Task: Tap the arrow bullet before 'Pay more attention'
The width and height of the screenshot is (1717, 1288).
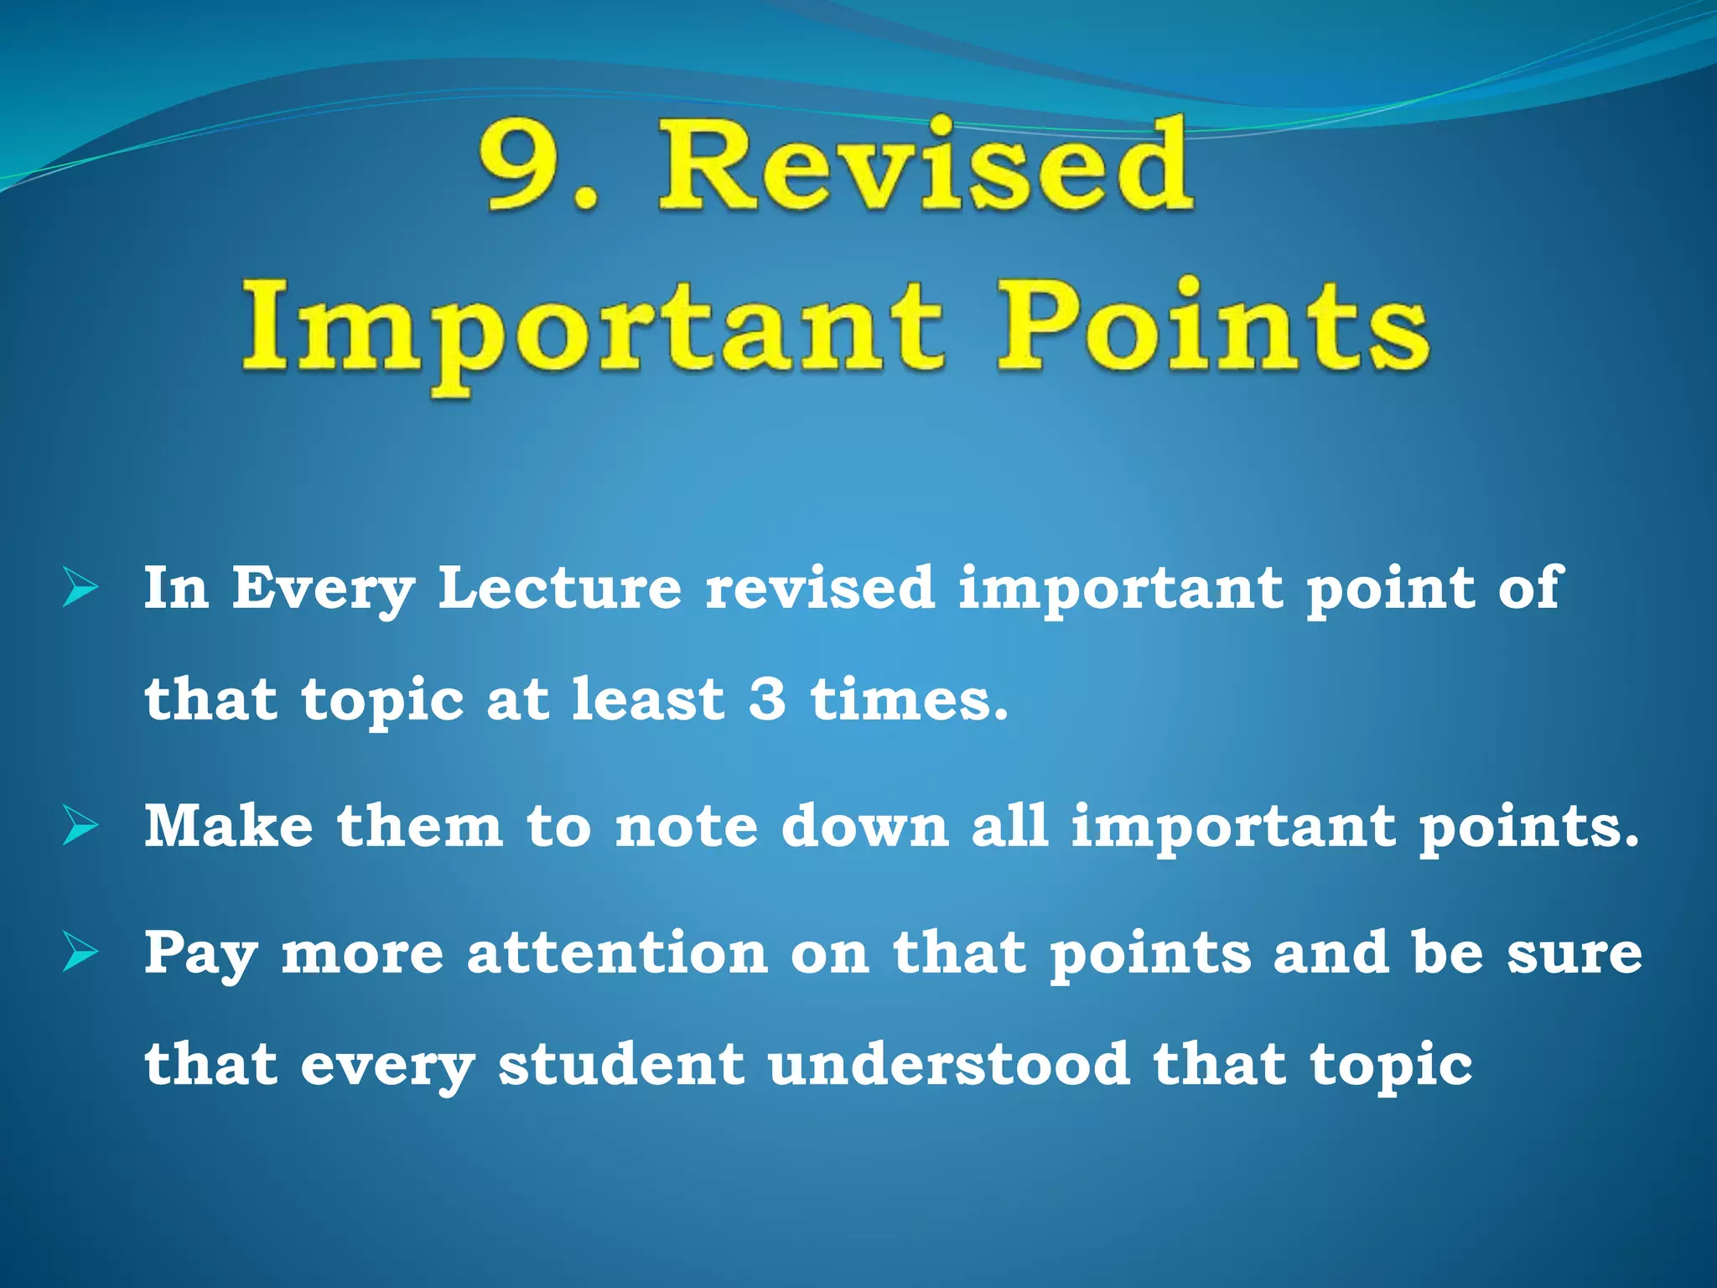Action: [80, 953]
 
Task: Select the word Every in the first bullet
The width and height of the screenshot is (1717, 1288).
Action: [323, 589]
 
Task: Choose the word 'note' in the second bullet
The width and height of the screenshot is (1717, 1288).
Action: [686, 828]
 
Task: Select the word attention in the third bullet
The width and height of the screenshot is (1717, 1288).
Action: [617, 953]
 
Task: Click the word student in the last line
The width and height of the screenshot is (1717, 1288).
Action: [621, 1065]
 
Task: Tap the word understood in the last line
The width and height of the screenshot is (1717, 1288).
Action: [948, 1065]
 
